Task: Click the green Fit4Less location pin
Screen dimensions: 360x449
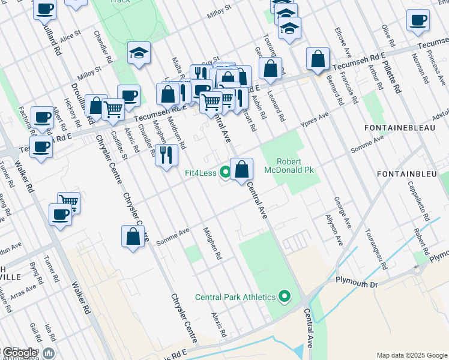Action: coord(225,173)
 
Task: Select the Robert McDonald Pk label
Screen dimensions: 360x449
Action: coord(295,166)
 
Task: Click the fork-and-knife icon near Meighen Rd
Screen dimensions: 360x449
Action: coord(166,155)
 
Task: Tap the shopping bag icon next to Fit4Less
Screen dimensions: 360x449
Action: coord(241,169)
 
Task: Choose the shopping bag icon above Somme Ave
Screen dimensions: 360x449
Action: coord(133,236)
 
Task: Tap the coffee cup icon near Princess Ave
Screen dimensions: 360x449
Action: coord(418,20)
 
